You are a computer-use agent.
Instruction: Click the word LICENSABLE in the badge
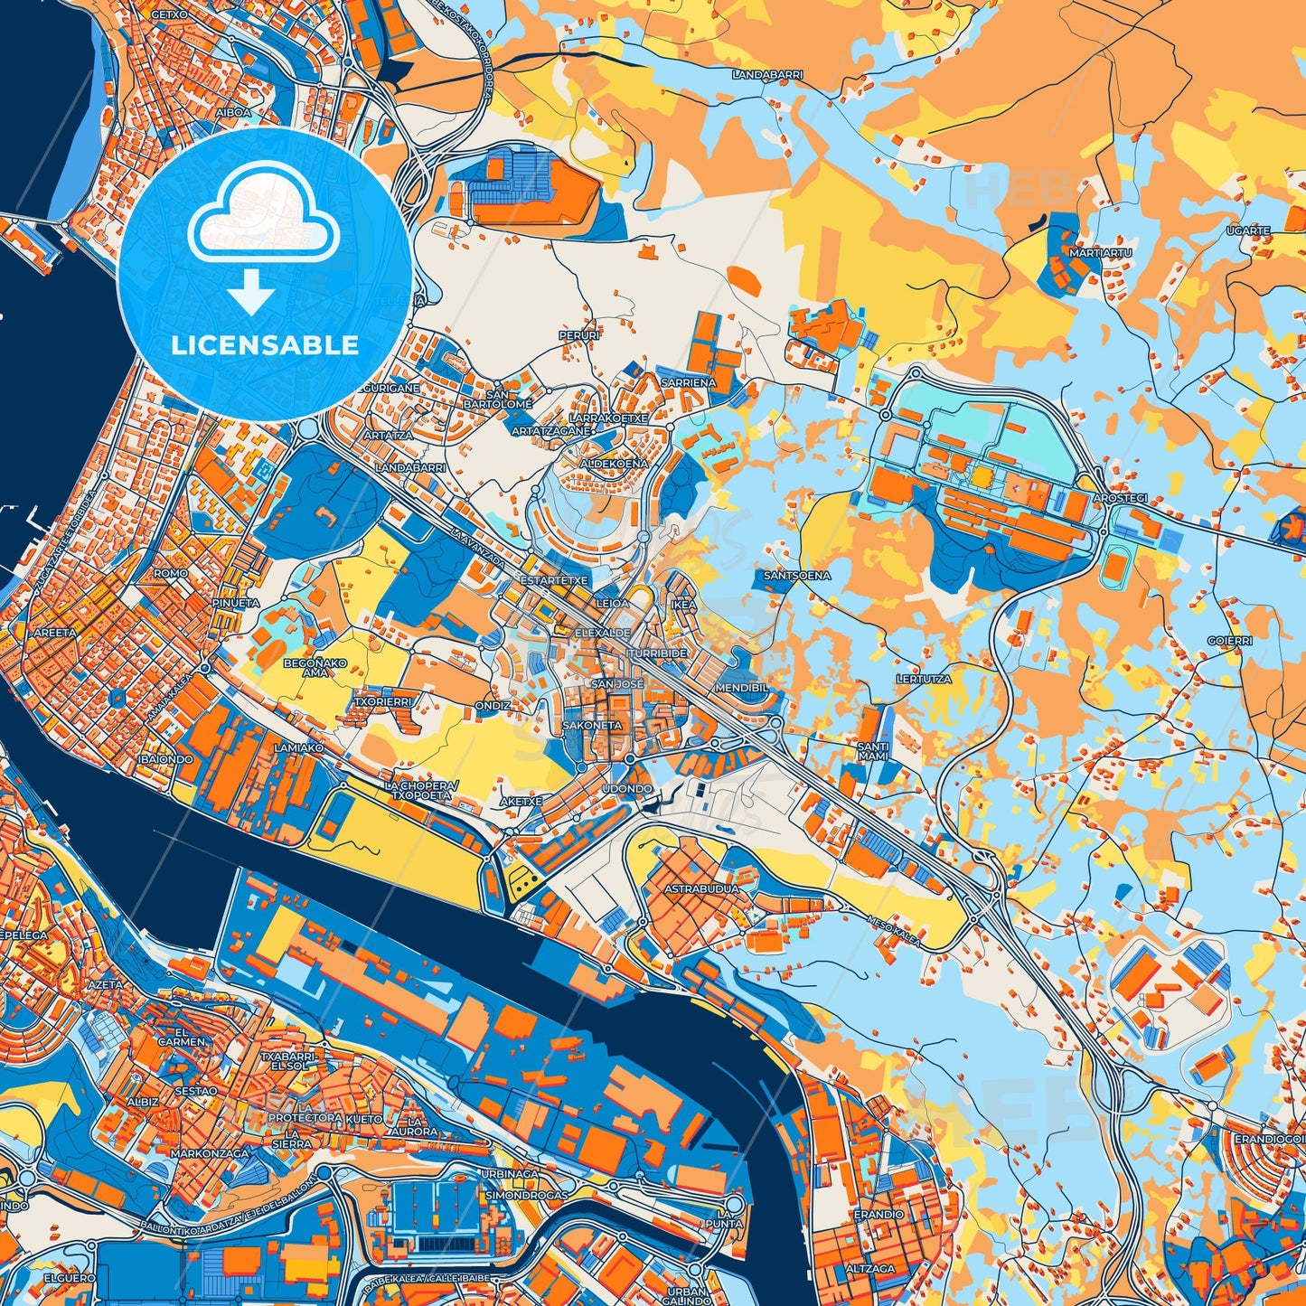[265, 345]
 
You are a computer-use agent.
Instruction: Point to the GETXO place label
[169, 14]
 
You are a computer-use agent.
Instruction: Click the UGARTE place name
[1248, 231]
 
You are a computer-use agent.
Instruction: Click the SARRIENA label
[689, 382]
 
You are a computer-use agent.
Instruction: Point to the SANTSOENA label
[796, 575]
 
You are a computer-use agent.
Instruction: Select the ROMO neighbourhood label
[170, 573]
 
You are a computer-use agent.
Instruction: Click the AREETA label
[55, 633]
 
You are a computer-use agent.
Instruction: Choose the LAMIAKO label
[297, 747]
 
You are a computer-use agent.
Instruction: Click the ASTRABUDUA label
[701, 888]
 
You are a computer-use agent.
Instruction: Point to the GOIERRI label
[1230, 641]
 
